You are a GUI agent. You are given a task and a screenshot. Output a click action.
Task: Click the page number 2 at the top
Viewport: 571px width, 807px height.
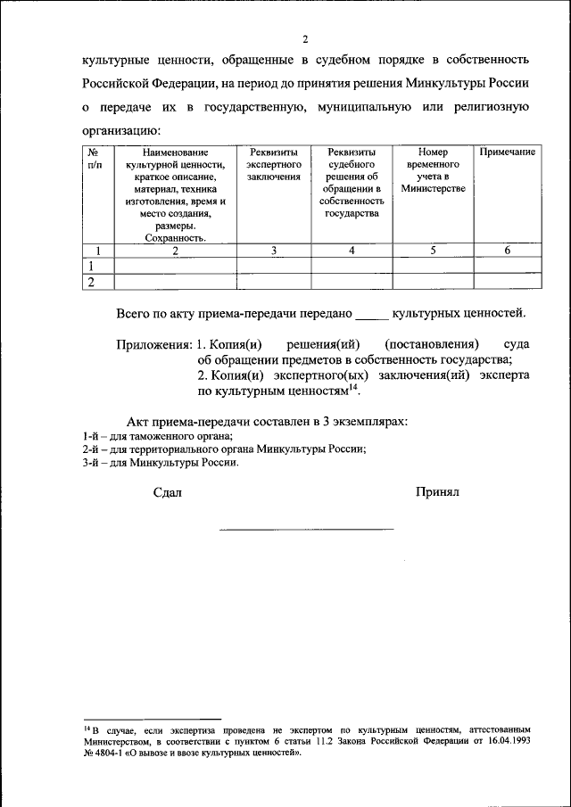coord(305,39)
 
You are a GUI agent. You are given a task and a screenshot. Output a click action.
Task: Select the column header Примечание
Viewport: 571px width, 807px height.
coord(507,152)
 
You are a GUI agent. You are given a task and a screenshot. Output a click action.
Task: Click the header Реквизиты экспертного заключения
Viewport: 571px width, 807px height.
coord(273,165)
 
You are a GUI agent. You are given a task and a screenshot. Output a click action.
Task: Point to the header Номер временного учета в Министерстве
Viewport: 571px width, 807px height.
coord(433,170)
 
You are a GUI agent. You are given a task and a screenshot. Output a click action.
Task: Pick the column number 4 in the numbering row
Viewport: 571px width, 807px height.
coord(352,251)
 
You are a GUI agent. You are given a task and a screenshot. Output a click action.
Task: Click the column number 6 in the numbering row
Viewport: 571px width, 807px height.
coord(507,251)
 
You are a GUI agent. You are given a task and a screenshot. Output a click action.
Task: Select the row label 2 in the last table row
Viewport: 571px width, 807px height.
coord(91,283)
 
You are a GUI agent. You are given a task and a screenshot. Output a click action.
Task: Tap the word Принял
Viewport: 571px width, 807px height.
coord(436,492)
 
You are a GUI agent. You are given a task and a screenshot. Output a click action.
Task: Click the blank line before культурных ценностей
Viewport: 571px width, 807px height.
coord(372,314)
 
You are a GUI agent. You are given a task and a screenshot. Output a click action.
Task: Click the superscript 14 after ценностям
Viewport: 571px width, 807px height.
coord(353,386)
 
